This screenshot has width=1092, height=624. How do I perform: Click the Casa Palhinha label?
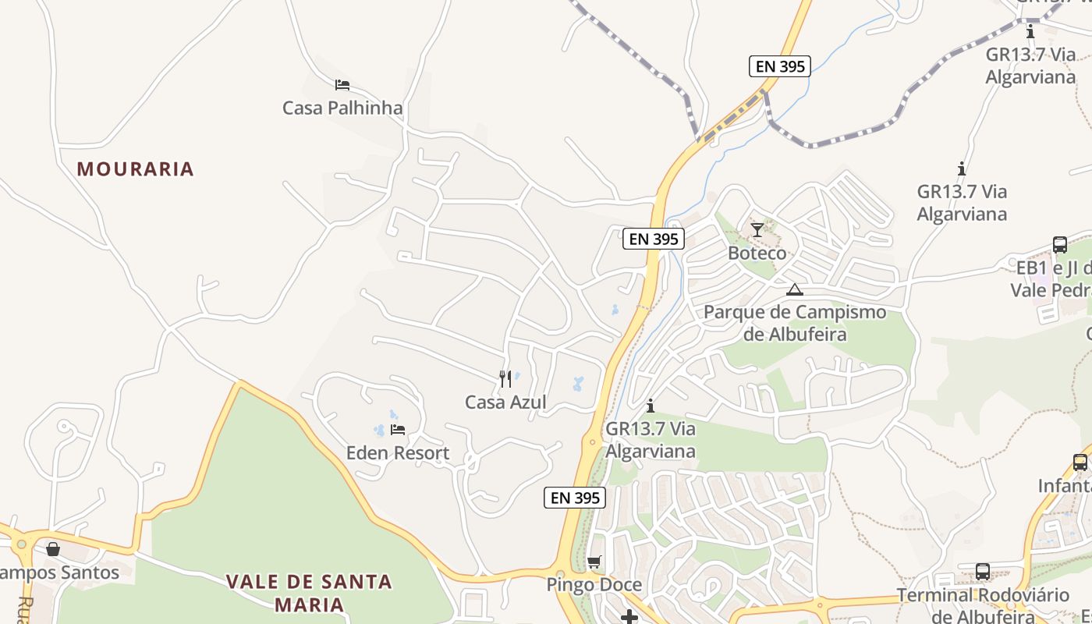pyautogui.click(x=342, y=108)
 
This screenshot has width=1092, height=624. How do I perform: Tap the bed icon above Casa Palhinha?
pyautogui.click(x=342, y=85)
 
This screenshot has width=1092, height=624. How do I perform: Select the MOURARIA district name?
pyautogui.click(x=135, y=169)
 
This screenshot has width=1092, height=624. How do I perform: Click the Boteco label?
pyautogui.click(x=757, y=253)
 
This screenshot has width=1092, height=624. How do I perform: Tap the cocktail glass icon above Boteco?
pyautogui.click(x=757, y=230)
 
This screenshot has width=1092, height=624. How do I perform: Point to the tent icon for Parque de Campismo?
pyautogui.click(x=794, y=290)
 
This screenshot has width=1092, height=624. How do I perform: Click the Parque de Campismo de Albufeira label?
pyautogui.click(x=795, y=323)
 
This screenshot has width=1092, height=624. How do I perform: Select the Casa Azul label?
pyautogui.click(x=505, y=402)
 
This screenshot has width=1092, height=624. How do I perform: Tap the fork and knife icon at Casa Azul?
pyautogui.click(x=505, y=379)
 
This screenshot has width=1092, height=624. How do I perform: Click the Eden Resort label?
pyautogui.click(x=398, y=453)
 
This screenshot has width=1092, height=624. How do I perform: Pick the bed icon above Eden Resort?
pyautogui.click(x=398, y=430)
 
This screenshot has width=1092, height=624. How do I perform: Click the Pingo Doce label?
pyautogui.click(x=594, y=585)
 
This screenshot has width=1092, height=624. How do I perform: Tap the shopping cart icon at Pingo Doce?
pyautogui.click(x=594, y=562)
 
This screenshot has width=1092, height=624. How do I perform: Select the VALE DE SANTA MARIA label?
pyautogui.click(x=310, y=593)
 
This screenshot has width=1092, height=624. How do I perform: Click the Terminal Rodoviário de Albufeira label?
pyautogui.click(x=983, y=605)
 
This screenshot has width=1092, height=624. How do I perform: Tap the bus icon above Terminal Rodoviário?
pyautogui.click(x=983, y=572)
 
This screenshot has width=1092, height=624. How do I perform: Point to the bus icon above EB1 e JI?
pyautogui.click(x=1060, y=245)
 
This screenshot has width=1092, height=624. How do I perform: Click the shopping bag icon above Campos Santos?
pyautogui.click(x=53, y=549)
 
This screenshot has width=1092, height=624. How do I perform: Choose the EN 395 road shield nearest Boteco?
pyautogui.click(x=654, y=239)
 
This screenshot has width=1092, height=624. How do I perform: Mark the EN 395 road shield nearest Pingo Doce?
pyautogui.click(x=575, y=498)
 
